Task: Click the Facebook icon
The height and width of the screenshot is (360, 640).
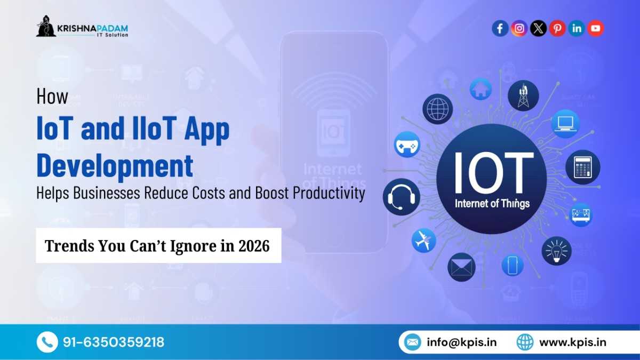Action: click(500, 28)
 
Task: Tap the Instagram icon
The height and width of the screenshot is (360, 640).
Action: click(519, 28)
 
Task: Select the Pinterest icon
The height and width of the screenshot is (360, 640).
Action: click(557, 28)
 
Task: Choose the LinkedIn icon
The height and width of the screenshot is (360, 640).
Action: click(577, 28)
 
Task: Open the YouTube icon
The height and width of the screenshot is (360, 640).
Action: click(596, 28)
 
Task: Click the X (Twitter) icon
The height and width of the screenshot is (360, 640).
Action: click(538, 28)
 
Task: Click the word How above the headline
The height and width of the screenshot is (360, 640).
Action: click(52, 97)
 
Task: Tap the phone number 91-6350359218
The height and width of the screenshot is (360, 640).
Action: click(113, 342)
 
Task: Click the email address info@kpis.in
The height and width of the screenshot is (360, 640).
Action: click(461, 342)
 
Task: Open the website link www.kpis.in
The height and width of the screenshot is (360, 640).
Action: click(572, 342)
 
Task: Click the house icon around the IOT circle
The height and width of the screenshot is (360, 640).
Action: click(481, 89)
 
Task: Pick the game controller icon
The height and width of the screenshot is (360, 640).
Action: click(407, 144)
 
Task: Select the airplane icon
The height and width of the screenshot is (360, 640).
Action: click(423, 240)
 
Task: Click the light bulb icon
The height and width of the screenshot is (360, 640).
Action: click(556, 251)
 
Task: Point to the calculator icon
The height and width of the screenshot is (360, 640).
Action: click(582, 167)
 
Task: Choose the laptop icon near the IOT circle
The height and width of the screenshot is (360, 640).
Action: click(565, 124)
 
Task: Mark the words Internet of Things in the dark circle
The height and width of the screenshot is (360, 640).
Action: click(492, 203)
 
